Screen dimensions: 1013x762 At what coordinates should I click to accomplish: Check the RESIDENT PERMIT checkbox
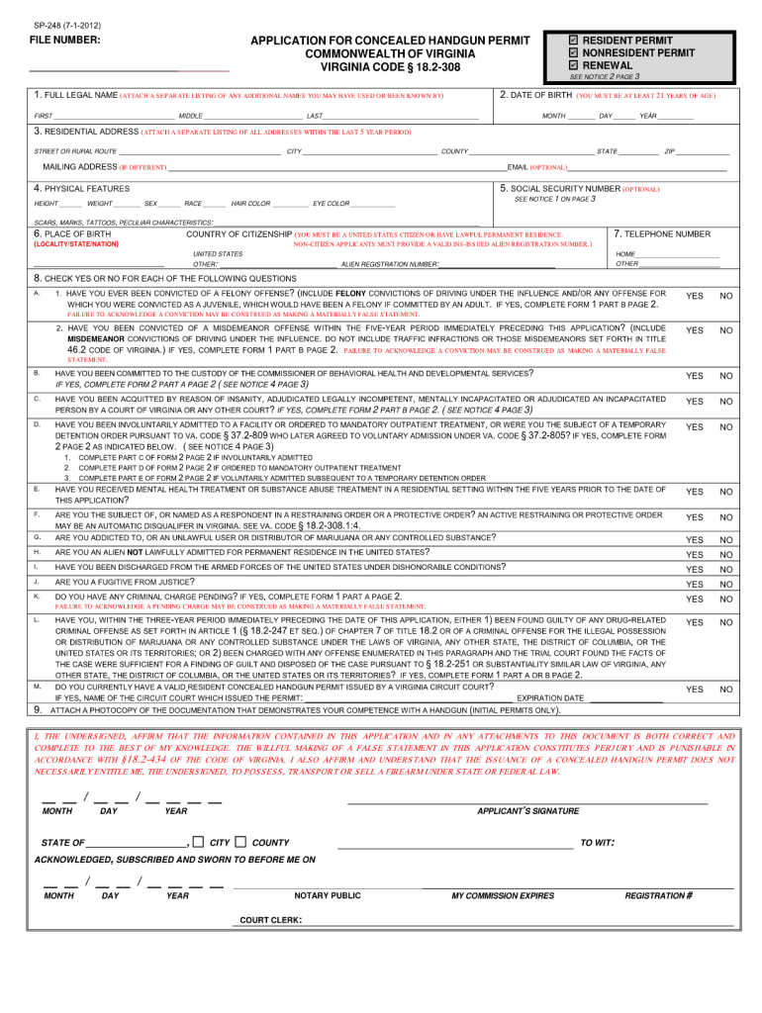pyautogui.click(x=574, y=40)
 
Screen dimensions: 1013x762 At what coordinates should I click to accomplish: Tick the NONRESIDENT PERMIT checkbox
pyautogui.click(x=574, y=52)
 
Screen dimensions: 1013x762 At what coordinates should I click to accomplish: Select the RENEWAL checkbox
pyautogui.click(x=574, y=65)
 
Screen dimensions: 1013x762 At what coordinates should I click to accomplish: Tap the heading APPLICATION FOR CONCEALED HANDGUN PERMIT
pyautogui.click(x=390, y=40)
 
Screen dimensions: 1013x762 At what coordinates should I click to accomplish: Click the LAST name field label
pyautogui.click(x=315, y=116)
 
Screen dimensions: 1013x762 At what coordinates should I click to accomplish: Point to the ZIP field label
pyautogui.click(x=670, y=150)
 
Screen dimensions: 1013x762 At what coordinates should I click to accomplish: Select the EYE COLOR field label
pyautogui.click(x=332, y=203)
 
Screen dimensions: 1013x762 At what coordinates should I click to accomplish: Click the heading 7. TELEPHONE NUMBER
pyautogui.click(x=662, y=234)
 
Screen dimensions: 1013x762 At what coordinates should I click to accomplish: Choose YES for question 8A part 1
pyautogui.click(x=695, y=296)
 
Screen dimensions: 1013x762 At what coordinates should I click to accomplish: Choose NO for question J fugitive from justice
pyautogui.click(x=726, y=585)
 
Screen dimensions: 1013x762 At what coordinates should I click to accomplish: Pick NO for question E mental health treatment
pyautogui.click(x=726, y=464)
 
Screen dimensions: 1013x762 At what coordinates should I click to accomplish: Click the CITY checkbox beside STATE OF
pyautogui.click(x=198, y=842)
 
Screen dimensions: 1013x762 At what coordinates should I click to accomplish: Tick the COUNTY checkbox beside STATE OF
pyautogui.click(x=240, y=842)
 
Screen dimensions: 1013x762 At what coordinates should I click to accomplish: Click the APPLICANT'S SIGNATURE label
pyautogui.click(x=528, y=811)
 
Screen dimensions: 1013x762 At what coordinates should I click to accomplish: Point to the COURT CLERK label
pyautogui.click(x=270, y=920)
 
